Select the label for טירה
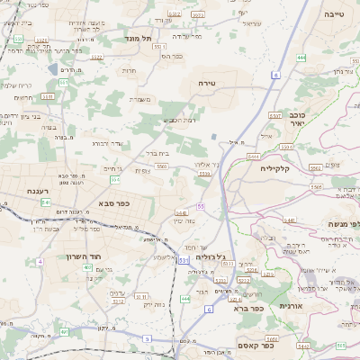213,82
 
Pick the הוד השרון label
87,256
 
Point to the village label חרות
129,69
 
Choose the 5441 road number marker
288,219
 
